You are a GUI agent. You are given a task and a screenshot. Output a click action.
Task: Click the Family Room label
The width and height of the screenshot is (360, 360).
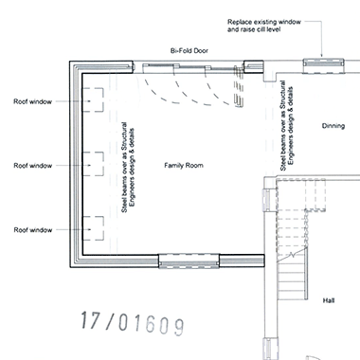(184, 166)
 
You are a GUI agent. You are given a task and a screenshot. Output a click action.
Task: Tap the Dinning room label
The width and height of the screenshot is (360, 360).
(333, 126)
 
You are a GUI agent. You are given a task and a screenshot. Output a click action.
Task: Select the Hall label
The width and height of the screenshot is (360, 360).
(329, 300)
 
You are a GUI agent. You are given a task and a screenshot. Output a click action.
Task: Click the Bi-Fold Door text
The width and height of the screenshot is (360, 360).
(189, 50)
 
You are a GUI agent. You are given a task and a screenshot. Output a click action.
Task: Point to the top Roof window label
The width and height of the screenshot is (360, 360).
(32, 101)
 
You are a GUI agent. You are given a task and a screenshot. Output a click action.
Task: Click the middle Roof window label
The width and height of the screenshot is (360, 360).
(32, 166)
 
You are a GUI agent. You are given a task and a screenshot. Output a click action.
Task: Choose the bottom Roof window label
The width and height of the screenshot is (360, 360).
(32, 230)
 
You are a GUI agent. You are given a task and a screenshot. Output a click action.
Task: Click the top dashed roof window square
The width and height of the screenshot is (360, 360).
(93, 88)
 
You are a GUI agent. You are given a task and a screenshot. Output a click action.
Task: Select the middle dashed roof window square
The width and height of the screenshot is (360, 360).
(93, 153)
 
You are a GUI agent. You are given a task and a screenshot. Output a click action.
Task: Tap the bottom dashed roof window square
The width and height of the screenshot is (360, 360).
(93, 217)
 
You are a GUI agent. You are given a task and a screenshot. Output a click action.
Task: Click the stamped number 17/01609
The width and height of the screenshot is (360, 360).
(133, 323)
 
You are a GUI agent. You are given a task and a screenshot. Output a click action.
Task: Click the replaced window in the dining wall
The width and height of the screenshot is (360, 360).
(323, 66)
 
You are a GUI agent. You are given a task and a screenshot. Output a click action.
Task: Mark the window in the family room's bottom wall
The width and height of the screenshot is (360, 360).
(189, 261)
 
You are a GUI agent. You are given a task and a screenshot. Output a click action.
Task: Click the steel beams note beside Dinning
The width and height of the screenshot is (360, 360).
(287, 125)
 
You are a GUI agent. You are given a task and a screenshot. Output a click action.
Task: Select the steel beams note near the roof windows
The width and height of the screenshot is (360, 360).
(128, 168)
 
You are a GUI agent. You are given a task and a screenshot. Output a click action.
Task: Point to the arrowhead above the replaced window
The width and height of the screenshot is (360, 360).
(322, 55)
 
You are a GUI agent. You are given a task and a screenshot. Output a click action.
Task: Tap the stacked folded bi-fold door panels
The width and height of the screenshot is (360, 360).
(239, 86)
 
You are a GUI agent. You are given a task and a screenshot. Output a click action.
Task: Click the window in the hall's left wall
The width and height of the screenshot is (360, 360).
(267, 200)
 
